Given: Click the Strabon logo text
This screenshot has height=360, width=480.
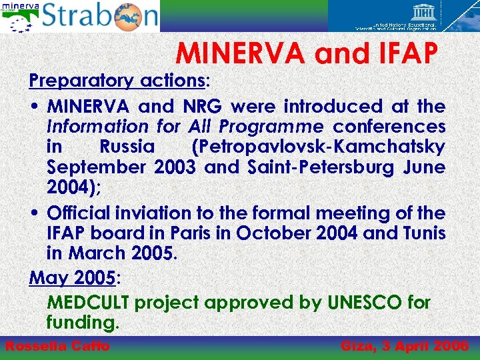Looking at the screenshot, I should [x=100, y=16].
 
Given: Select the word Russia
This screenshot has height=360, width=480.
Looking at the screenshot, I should [x=127, y=146].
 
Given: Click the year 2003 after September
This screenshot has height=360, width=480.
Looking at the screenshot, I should [x=176, y=167].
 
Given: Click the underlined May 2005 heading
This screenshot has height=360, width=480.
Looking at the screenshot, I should [x=72, y=277].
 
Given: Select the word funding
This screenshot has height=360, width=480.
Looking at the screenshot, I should [x=82, y=323].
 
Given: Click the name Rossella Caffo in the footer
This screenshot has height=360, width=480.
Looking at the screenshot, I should [x=57, y=346].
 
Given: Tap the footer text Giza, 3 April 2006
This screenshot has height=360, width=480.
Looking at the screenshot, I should [x=405, y=346].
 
